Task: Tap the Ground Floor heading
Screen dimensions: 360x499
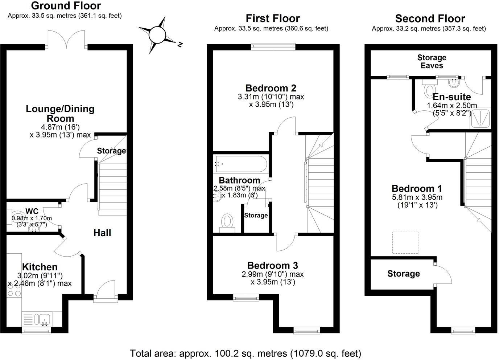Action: click(66, 6)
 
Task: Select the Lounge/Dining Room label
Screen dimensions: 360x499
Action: click(60, 113)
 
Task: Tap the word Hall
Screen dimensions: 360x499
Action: click(102, 233)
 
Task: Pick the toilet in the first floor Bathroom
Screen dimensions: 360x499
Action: click(227, 222)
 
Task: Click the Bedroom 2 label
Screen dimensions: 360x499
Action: click(271, 88)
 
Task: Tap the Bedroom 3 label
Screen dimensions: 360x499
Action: click(272, 265)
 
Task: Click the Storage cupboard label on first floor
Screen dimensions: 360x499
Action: click(256, 216)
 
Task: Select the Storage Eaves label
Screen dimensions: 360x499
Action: click(432, 61)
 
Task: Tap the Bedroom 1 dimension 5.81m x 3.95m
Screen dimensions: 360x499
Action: click(417, 197)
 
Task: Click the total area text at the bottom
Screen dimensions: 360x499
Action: click(246, 353)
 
